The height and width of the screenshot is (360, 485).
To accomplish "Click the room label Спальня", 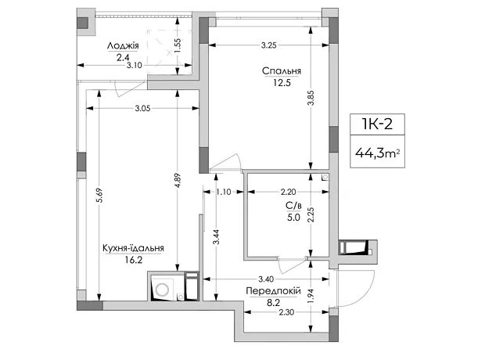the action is coord(282,71).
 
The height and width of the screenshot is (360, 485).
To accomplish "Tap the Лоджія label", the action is coord(123,46).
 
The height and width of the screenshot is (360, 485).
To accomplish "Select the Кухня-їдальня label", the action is coord(133,248).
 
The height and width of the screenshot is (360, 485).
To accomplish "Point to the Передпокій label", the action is coord(274,291).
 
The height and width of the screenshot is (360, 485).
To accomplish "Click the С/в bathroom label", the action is coord(293,205).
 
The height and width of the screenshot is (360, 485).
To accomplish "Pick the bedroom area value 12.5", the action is coord(282,83).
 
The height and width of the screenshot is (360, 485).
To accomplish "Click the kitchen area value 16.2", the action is coord(134,260).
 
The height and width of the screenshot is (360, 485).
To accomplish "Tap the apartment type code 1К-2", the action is coord(377,124).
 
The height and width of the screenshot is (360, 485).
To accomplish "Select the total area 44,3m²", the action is coord(377,153).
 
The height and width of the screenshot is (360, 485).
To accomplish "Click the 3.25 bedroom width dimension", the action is coord(268,45).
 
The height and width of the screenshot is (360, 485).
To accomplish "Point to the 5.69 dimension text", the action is coord(99,196).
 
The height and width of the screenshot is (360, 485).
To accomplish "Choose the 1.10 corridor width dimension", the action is coord(223,192).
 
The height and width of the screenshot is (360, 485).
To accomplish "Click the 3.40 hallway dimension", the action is coord(266,279).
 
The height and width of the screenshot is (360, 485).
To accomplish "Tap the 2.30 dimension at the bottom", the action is coord(286,312).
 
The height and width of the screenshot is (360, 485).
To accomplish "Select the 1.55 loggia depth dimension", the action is coord(178,46).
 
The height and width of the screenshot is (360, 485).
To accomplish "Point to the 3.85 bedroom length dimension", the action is coord(311,98).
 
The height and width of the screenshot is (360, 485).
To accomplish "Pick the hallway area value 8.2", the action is coord(274,303).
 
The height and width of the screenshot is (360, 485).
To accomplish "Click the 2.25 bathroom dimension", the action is coord(311,214).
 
